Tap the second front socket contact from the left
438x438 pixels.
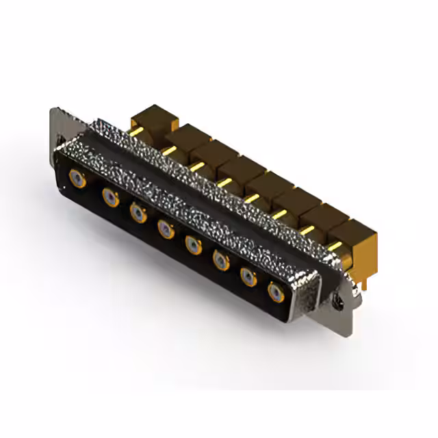click(x=109, y=198)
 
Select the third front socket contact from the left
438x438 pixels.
click(x=138, y=213)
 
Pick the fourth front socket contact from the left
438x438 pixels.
click(x=166, y=229)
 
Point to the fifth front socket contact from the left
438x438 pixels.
click(x=194, y=244)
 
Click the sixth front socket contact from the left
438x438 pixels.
click(x=220, y=260)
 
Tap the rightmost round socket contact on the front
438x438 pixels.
click(x=275, y=293)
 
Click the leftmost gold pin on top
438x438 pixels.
click(x=136, y=131)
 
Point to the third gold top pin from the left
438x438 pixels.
click(x=197, y=166)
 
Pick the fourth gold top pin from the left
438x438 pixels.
click(x=224, y=181)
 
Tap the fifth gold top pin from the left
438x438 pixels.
click(x=251, y=198)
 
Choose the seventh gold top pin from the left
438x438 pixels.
click(x=307, y=231)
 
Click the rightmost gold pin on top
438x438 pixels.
click(x=334, y=246)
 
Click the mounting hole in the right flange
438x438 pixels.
click(x=339, y=299)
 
